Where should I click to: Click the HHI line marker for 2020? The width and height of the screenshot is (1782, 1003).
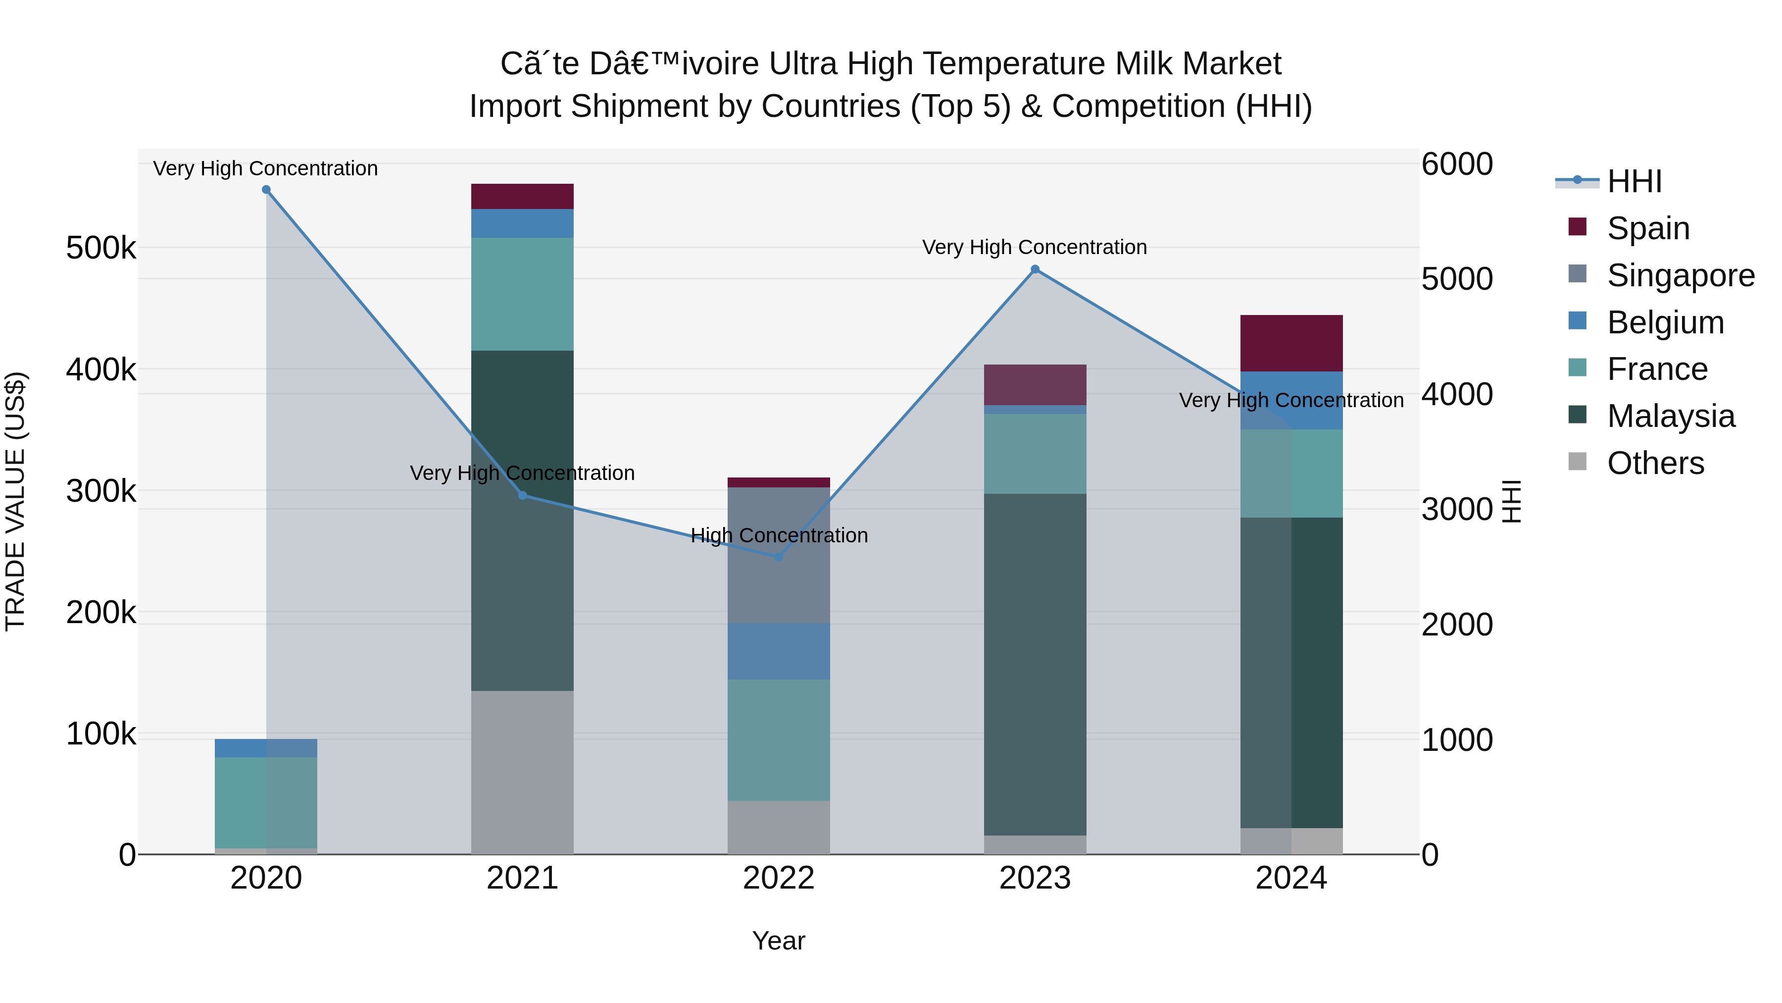[266, 190]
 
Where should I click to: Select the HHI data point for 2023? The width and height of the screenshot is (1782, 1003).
[1035, 269]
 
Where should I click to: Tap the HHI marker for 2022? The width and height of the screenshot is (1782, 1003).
[779, 557]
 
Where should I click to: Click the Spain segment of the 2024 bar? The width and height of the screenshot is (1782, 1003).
[1291, 343]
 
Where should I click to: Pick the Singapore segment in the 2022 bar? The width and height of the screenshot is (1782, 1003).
[779, 555]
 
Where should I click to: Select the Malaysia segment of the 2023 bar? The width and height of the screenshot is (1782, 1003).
[1035, 665]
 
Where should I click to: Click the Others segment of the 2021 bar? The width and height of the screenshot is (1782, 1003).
[522, 772]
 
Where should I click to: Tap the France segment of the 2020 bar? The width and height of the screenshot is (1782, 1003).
[266, 802]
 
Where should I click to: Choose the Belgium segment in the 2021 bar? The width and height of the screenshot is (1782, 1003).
[522, 223]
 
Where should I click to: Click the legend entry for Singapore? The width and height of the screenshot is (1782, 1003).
[1681, 275]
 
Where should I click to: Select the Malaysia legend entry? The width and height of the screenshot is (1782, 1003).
[1671, 416]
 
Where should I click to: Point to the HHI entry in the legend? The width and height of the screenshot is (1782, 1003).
[1634, 181]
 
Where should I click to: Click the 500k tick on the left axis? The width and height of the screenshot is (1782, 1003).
[101, 248]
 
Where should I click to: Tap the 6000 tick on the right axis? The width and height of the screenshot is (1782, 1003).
[1456, 165]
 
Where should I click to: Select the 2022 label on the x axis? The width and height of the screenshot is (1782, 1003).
[779, 878]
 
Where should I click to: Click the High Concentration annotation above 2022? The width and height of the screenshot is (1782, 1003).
[779, 535]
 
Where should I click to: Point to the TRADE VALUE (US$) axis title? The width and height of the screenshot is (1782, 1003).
[16, 501]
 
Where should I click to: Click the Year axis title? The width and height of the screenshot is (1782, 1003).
[779, 941]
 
